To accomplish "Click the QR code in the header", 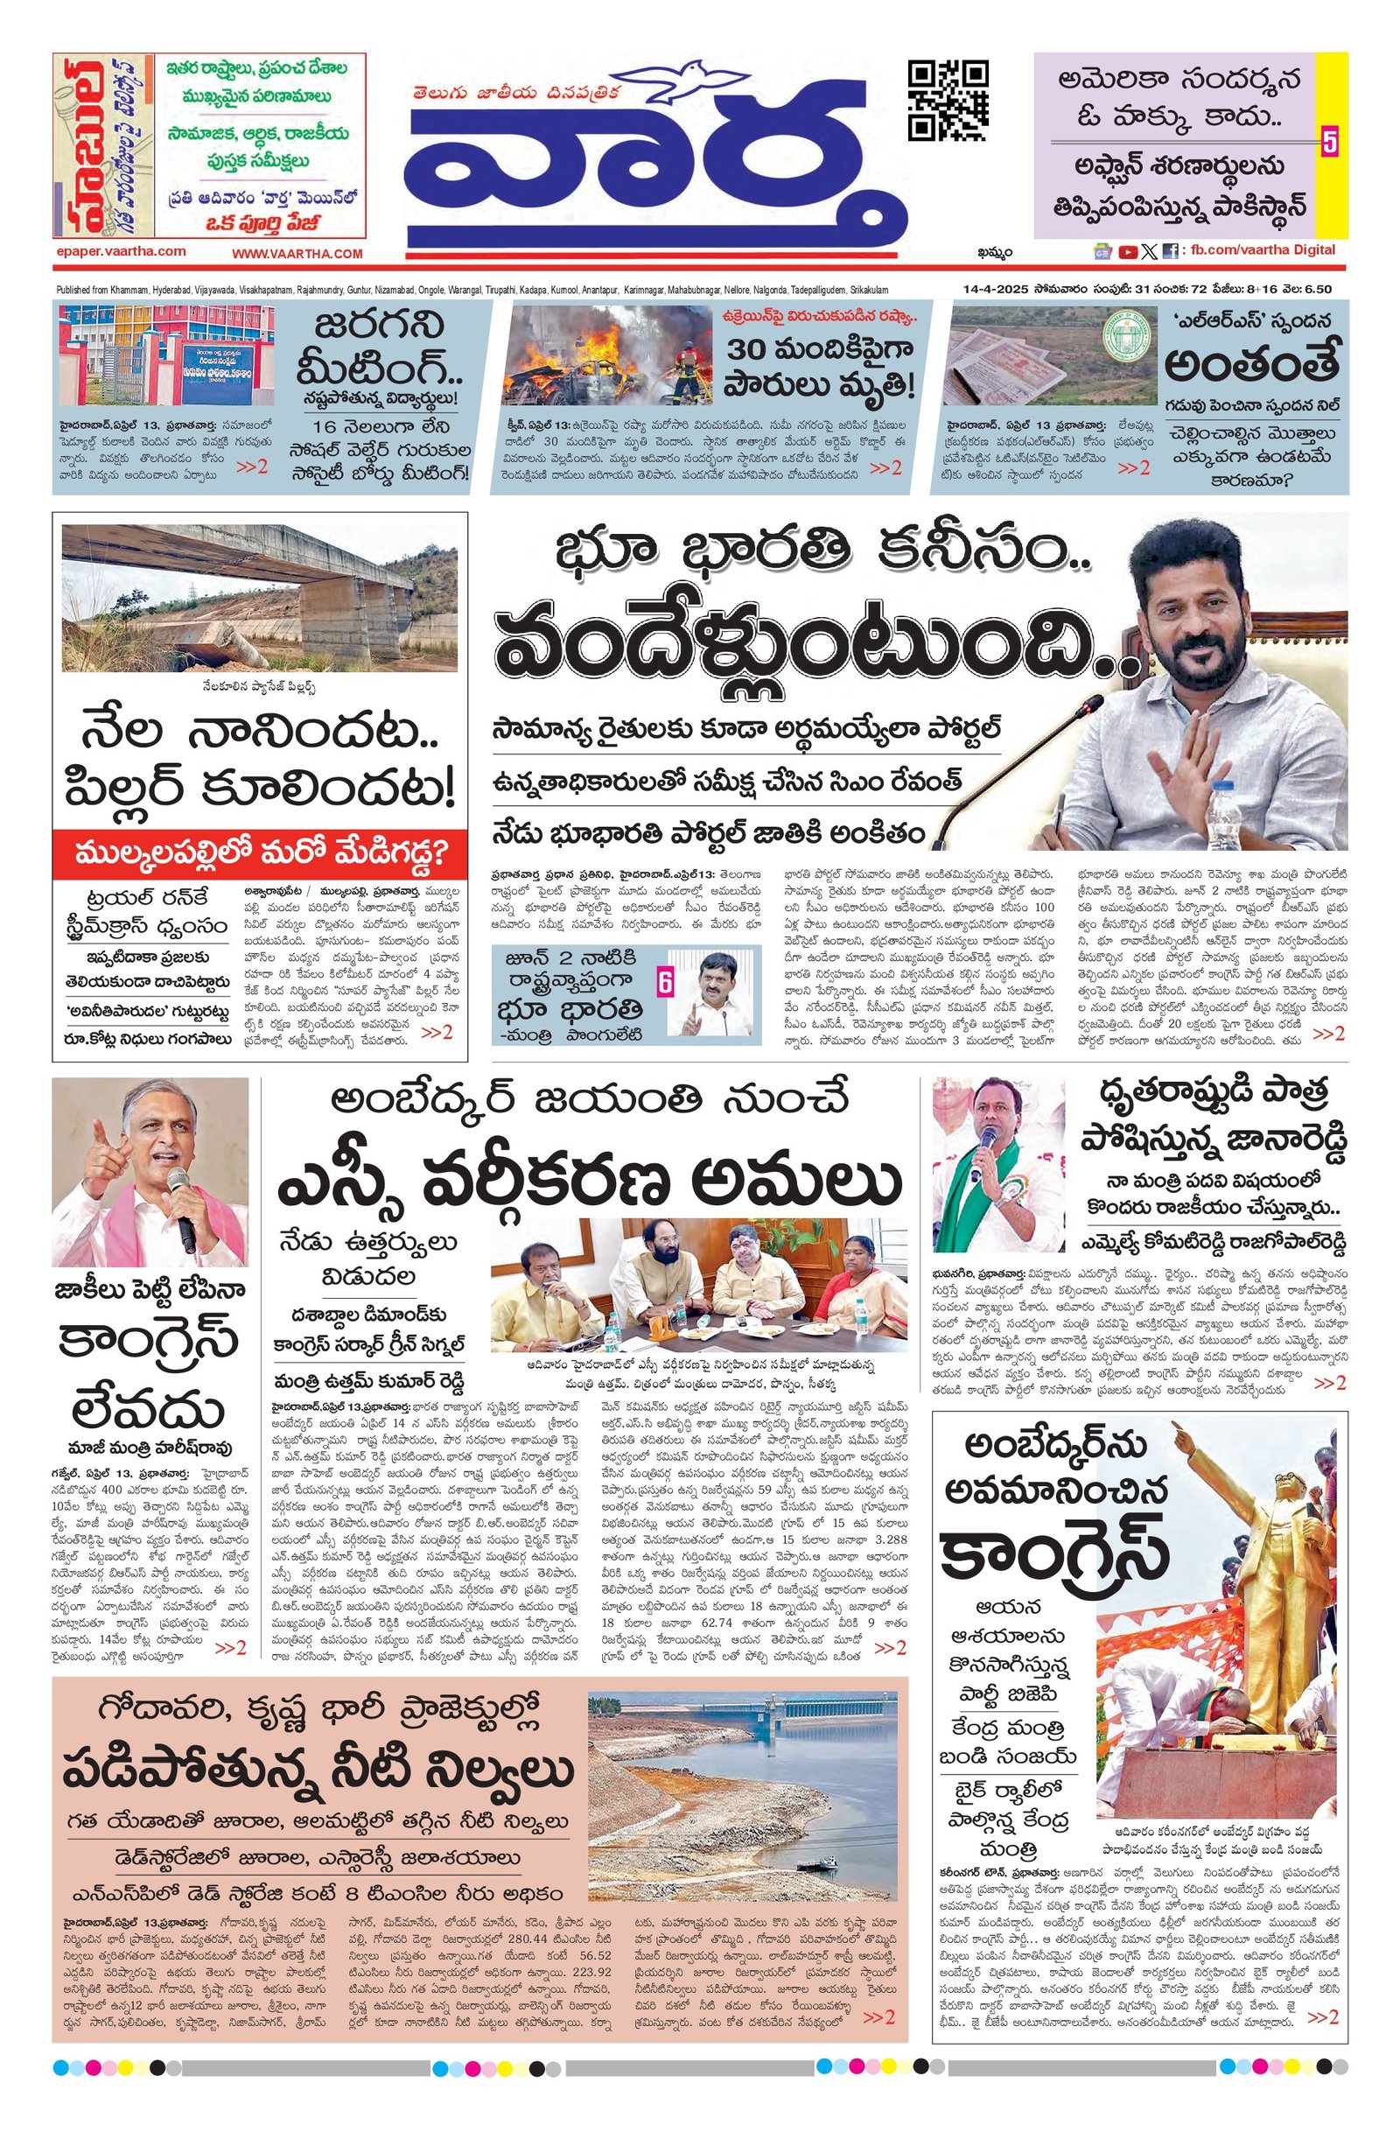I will pos(948,102).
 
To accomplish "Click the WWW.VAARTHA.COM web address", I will pos(297,255).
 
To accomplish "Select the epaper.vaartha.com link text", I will pos(120,252).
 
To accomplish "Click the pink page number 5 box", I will pos(1329,143).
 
